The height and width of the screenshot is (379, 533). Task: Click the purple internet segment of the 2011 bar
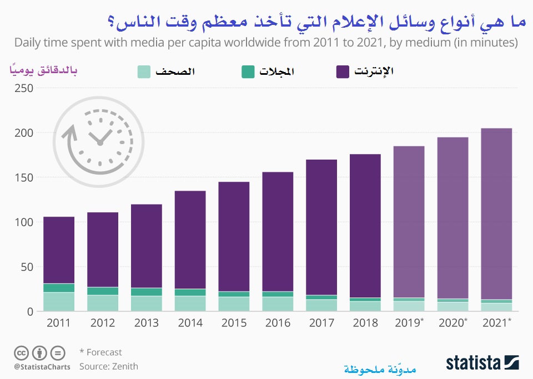click(x=58, y=249)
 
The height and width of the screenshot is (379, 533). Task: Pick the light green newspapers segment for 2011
click(x=58, y=301)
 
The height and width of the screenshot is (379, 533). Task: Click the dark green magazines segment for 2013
click(x=146, y=292)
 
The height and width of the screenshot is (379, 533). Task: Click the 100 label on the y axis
click(x=22, y=222)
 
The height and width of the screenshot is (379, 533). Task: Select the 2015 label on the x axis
click(x=233, y=323)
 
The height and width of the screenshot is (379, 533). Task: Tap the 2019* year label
click(x=410, y=323)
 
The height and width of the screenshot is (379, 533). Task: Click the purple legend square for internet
click(x=343, y=71)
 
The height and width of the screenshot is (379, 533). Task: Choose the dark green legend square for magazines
click(x=248, y=71)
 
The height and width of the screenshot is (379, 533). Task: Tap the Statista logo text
click(x=472, y=363)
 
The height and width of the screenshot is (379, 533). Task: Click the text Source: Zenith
click(x=108, y=366)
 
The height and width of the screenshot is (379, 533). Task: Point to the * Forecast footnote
click(x=100, y=352)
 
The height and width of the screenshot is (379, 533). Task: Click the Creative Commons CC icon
click(x=21, y=352)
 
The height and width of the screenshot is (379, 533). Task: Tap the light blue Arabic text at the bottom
click(x=380, y=368)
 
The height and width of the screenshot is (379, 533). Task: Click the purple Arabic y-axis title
click(x=42, y=70)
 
